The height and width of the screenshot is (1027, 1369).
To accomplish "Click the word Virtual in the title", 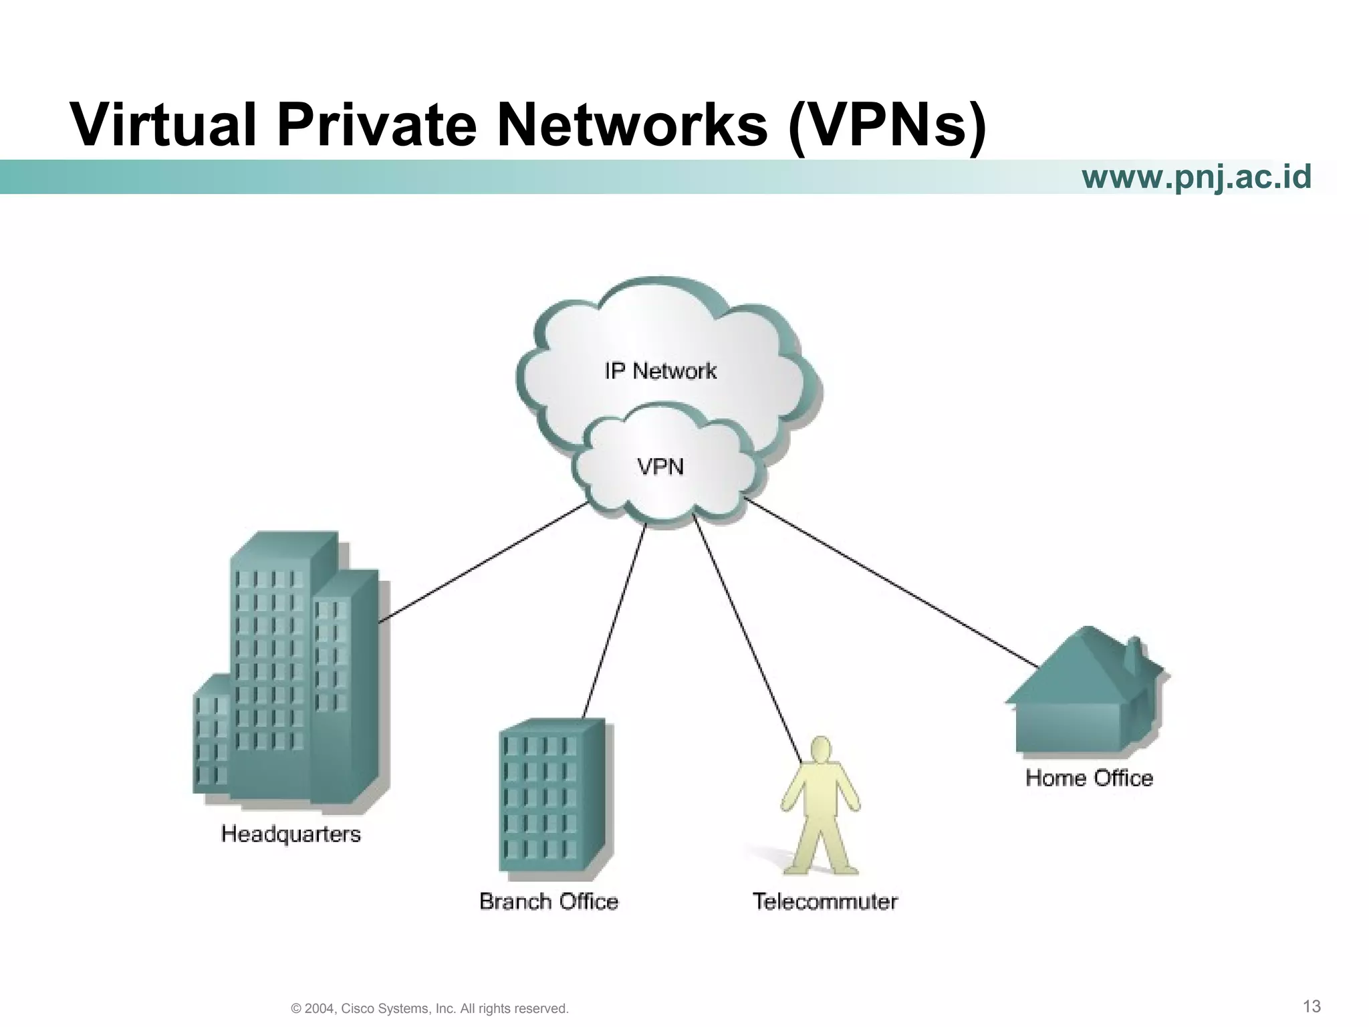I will pos(163,125).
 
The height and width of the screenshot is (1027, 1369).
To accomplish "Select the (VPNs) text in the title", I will pos(887,125).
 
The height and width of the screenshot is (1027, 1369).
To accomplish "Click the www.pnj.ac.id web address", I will pos(1197,177).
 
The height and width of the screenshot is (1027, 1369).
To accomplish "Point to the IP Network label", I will pos(660,371).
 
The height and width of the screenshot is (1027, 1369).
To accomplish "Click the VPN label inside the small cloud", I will pos(660,466).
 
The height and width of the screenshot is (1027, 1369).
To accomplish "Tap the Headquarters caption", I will pos(291,834).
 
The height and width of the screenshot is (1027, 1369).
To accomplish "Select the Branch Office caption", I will pos(549,901).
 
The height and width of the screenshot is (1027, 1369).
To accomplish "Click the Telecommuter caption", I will pos(825,901).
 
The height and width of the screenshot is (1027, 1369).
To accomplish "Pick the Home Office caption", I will pos(1090,778).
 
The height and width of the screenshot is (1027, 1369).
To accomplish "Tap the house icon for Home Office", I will pos(1084,695).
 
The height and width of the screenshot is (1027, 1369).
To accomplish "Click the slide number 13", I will pos(1312,1006).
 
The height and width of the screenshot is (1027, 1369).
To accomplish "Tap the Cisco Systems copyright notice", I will pos(430,1008).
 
